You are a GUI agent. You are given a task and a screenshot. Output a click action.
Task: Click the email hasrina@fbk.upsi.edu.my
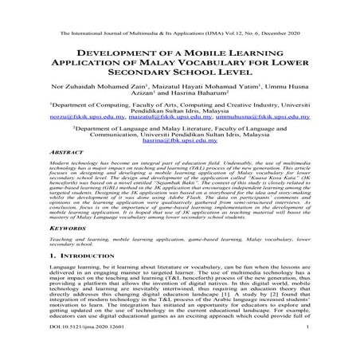[180, 139]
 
